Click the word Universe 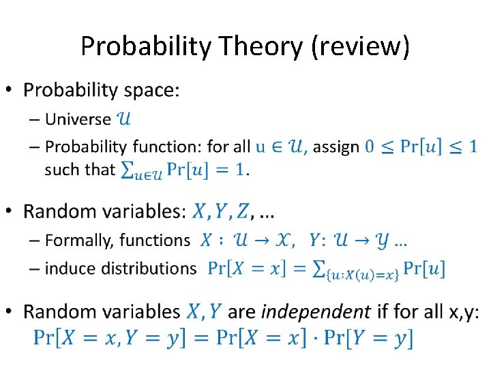pyautogui.click(x=78, y=119)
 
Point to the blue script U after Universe pyautogui.click(x=125, y=119)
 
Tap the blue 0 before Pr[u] pyautogui.click(x=370, y=146)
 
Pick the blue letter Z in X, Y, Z pyautogui.click(x=241, y=212)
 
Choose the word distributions pyautogui.click(x=149, y=268)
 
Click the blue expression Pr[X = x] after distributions pyautogui.click(x=247, y=269)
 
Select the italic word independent pyautogui.click(x=316, y=311)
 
